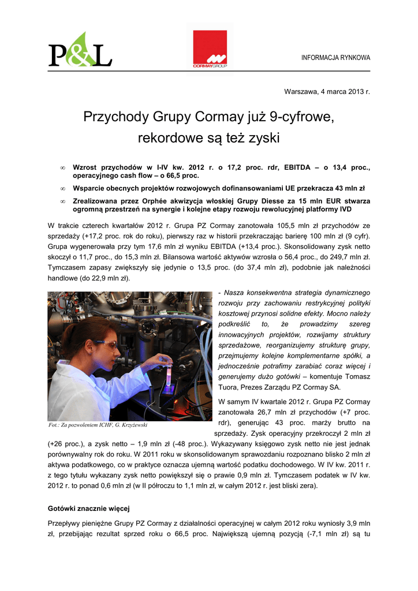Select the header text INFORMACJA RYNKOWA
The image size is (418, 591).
(336, 58)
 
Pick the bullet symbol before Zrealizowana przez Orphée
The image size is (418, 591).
(62, 201)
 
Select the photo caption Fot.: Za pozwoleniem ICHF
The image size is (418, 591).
(98, 425)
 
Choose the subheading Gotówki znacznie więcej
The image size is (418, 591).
(89, 508)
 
